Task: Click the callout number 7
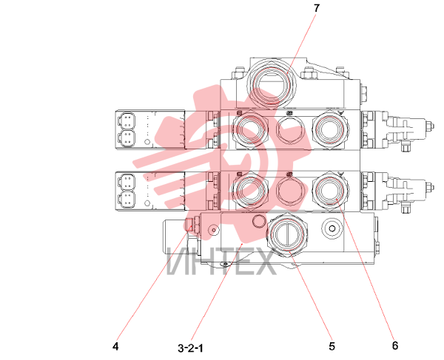317,8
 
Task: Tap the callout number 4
115,346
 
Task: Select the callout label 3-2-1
191,348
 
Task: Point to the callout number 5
332,346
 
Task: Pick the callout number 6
395,345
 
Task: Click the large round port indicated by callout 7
272,86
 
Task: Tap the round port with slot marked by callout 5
288,235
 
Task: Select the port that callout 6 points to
331,190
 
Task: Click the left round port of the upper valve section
250,129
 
